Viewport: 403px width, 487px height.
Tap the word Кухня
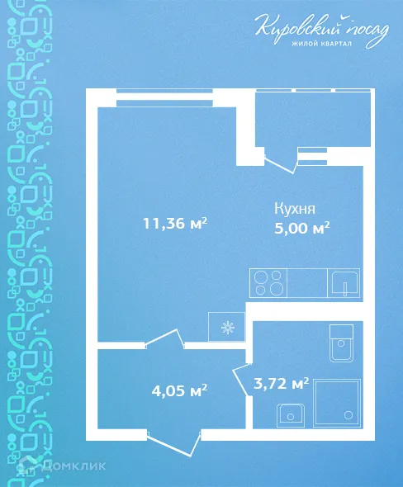(295, 209)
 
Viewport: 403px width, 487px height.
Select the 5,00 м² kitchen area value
(302, 228)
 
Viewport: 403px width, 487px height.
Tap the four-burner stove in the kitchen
(269, 282)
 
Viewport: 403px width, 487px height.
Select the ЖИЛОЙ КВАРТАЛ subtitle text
(322, 45)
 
